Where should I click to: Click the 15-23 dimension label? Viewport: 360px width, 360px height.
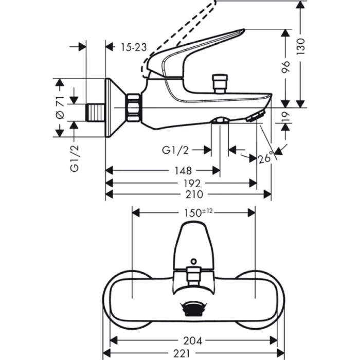click(134, 47)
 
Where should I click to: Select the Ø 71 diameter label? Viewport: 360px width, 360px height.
click(60, 107)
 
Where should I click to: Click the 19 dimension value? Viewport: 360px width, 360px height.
click(286, 117)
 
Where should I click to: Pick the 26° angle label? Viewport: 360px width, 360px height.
click(265, 158)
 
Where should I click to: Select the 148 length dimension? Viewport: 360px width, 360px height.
click(183, 171)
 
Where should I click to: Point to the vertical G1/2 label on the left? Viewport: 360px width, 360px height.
click(75, 158)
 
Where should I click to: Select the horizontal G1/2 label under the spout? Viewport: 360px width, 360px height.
click(175, 150)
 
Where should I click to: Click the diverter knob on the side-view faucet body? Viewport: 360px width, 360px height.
click(220, 82)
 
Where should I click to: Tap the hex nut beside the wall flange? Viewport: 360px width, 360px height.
click(133, 107)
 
